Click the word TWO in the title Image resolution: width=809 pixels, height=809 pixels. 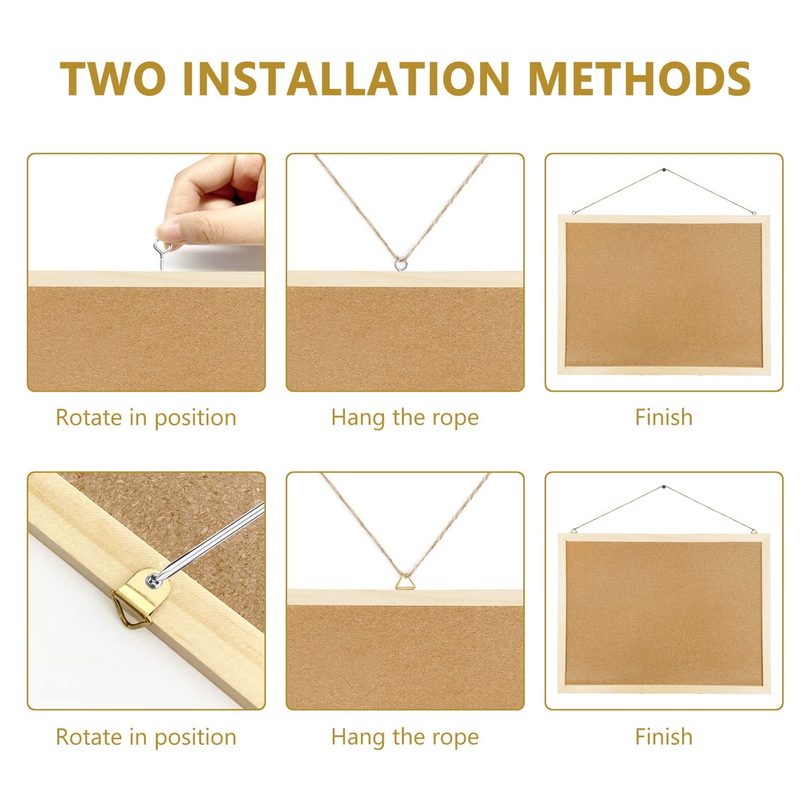click(x=113, y=79)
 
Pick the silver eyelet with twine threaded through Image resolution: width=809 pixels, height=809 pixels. click(x=400, y=263)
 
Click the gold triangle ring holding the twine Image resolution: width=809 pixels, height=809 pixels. click(x=404, y=582)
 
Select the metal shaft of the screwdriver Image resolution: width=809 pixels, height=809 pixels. click(x=216, y=539)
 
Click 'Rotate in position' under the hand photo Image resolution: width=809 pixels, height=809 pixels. click(x=146, y=418)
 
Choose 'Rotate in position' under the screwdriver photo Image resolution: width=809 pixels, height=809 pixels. click(x=146, y=737)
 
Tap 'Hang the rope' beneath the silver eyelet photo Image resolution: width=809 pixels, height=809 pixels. click(x=404, y=418)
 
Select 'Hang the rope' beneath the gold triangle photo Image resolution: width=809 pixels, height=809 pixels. click(x=404, y=737)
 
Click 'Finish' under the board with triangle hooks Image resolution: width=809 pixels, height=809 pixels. click(x=663, y=737)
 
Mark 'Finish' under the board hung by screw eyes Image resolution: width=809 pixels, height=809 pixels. click(x=663, y=418)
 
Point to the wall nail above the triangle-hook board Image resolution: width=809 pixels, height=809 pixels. click(x=663, y=488)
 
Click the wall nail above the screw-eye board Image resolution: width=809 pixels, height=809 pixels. click(x=663, y=170)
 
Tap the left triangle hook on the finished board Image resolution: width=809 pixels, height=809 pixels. click(x=574, y=531)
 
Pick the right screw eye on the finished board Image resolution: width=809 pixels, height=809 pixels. click(x=753, y=212)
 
